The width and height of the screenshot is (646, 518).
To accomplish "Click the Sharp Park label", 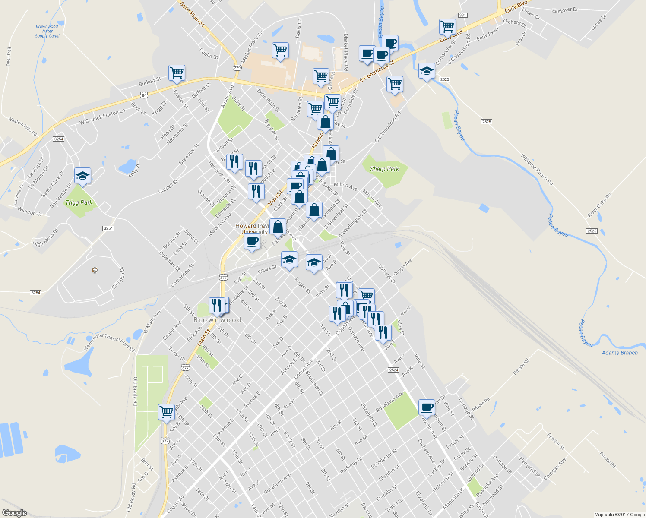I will coord(384,169).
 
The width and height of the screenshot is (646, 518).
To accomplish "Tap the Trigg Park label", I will coord(79,202).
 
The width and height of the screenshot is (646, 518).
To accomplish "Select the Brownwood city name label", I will coord(217,320).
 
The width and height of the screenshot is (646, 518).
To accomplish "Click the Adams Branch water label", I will coord(620,353).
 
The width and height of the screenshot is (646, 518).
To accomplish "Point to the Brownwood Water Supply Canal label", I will coord(47,31).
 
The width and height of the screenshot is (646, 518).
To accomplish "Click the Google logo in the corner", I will coord(14,513).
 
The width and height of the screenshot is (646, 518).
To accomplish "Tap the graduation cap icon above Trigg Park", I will coord(82,176).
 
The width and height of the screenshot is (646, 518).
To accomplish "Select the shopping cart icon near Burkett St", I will coord(177,73).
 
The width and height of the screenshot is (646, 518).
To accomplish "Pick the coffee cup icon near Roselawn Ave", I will coord(427,407).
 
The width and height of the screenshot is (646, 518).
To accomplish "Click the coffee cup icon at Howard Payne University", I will coord(252,240).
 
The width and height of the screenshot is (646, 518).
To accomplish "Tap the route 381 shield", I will coord(462,15).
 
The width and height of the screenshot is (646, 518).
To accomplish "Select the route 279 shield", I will coord(237,68).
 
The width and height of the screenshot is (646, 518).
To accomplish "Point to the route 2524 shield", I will coord(393,370).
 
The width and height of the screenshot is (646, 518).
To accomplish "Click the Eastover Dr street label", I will coord(565,10).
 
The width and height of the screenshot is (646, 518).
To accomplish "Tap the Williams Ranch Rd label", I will coord(537,170).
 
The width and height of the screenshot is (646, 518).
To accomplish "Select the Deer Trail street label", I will coord(9,57).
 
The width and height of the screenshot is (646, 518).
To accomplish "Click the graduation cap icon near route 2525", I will coord(427,71).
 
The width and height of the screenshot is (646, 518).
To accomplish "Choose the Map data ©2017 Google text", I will coord(619,515).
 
